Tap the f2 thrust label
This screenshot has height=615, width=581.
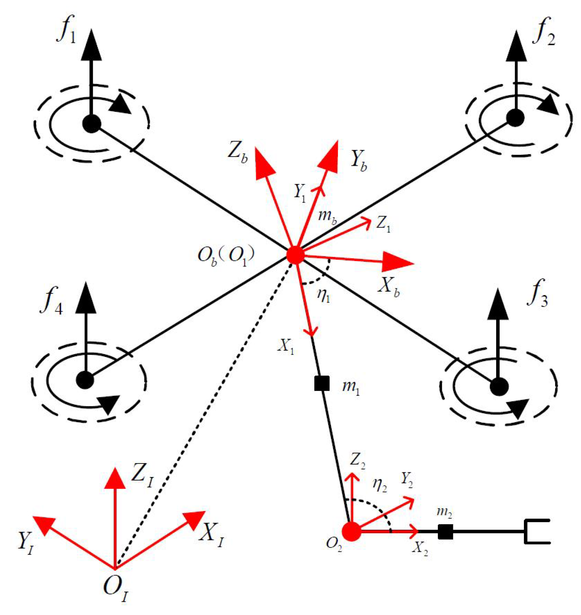click(x=544, y=34)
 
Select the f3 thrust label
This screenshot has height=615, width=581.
click(x=537, y=294)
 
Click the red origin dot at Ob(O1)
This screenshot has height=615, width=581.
click(x=295, y=255)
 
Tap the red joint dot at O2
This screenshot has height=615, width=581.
click(x=351, y=531)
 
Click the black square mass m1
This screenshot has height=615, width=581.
click(x=321, y=383)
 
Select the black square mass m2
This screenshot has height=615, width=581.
click(x=445, y=531)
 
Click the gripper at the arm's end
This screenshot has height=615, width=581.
click(x=537, y=531)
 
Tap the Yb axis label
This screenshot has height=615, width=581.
click(x=358, y=160)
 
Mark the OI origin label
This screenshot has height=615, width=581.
click(x=115, y=588)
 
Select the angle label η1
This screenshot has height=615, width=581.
click(x=323, y=295)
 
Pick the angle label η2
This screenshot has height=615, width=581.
click(x=379, y=485)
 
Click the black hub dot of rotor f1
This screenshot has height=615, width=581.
click(x=92, y=124)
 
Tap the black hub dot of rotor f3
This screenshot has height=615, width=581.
click(x=499, y=386)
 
